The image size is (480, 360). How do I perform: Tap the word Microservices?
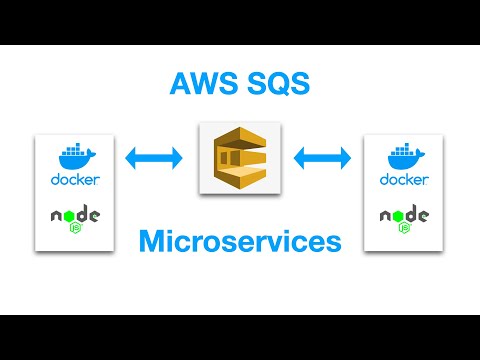(240, 241)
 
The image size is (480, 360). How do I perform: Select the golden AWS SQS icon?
(239, 157)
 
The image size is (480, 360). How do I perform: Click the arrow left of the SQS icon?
(153, 157)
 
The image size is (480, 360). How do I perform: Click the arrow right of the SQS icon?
(323, 157)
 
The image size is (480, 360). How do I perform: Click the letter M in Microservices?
(152, 241)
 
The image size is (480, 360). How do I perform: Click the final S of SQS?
(301, 84)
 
